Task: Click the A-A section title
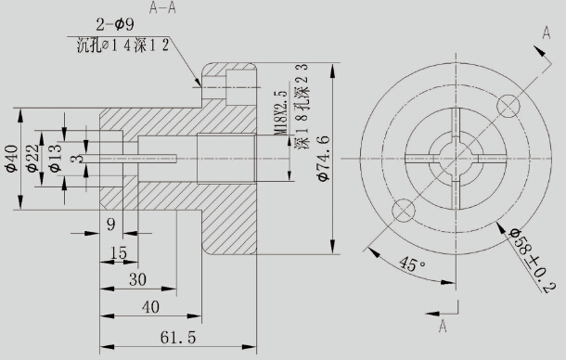[x=162, y=8]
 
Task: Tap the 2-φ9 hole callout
[x=115, y=25]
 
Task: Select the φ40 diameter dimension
[x=11, y=159]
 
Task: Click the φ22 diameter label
[x=32, y=158]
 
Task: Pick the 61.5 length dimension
[x=178, y=338]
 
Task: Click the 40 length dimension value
[x=150, y=307]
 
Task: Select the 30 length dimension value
[x=138, y=279]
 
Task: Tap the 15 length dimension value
[x=119, y=252]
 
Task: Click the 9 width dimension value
[x=111, y=225]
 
